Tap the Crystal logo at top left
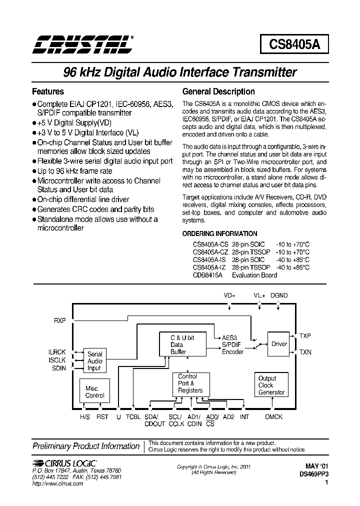click(83, 44)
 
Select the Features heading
click(48, 91)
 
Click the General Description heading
click(218, 91)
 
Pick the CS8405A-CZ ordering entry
click(210, 252)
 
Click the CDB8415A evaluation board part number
click(208, 275)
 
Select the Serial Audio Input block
click(94, 360)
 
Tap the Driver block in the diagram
click(279, 344)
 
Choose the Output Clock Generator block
click(271, 385)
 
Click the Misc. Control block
click(94, 392)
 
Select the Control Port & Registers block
click(190, 383)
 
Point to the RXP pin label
click(60, 320)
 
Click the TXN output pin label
click(305, 352)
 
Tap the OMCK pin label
click(273, 417)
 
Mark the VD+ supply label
click(229, 295)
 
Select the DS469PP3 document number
click(314, 473)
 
